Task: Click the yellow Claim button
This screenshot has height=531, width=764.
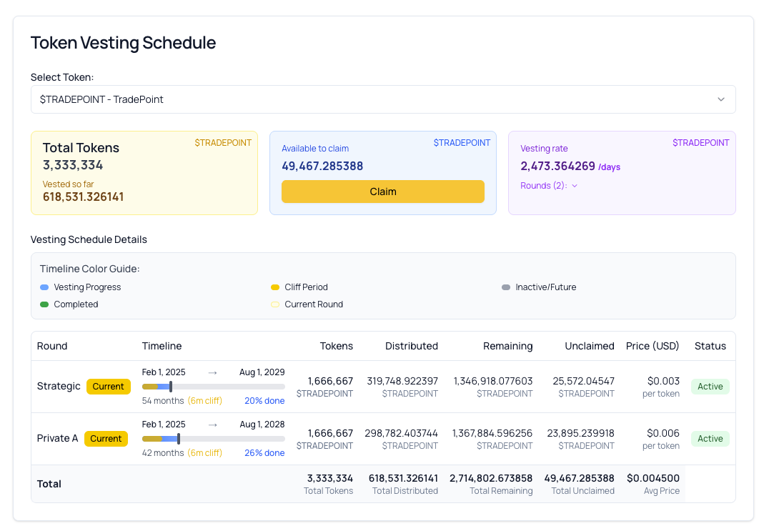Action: pyautogui.click(x=382, y=192)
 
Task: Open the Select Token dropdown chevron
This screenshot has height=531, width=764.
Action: pyautogui.click(x=720, y=99)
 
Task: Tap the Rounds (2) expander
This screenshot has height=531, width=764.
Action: pyautogui.click(x=549, y=186)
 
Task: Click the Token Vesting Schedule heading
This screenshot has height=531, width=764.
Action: pyautogui.click(x=123, y=43)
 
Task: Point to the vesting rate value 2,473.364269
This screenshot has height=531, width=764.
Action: pyautogui.click(x=557, y=166)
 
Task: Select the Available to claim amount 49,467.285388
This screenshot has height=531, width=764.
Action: pyautogui.click(x=322, y=166)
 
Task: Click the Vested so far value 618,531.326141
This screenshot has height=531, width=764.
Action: pyautogui.click(x=83, y=197)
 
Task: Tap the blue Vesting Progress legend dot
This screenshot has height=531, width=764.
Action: pyautogui.click(x=44, y=287)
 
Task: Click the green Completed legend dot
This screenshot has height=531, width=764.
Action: pyautogui.click(x=44, y=304)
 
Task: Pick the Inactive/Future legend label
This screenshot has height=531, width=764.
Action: pyautogui.click(x=545, y=287)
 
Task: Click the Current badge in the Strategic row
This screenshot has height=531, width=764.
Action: pyautogui.click(x=109, y=387)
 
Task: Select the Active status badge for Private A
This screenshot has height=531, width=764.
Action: pyautogui.click(x=710, y=439)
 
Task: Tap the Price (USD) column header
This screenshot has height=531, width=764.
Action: pyautogui.click(x=652, y=346)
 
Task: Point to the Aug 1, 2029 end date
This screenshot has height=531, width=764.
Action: pyautogui.click(x=262, y=372)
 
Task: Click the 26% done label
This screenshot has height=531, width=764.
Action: pyautogui.click(x=264, y=452)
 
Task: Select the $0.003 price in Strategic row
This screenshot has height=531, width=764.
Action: pyautogui.click(x=663, y=381)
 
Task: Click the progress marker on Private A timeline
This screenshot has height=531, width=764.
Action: pyautogui.click(x=179, y=439)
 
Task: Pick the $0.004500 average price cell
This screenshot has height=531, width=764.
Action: pyautogui.click(x=653, y=478)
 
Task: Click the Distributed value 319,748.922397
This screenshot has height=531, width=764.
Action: pyautogui.click(x=402, y=381)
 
